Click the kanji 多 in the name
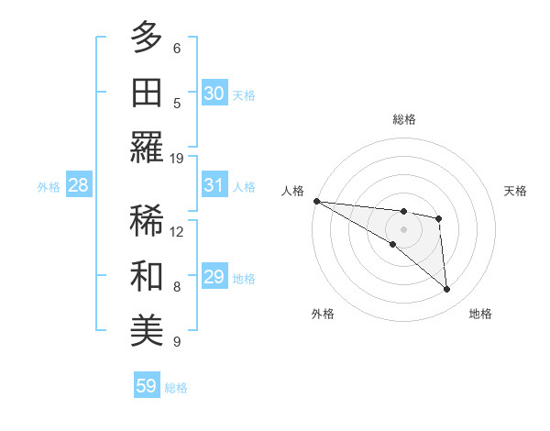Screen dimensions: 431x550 point(148,38)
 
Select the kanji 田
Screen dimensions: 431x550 point(148,93)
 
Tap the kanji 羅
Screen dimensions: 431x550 point(148,148)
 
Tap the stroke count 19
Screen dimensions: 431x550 point(177,158)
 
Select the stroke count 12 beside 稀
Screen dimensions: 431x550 point(177,231)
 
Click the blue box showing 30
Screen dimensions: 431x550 point(214,93)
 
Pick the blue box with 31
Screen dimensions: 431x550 point(214,185)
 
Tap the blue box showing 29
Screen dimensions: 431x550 point(214,277)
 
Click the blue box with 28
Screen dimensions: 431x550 point(78,185)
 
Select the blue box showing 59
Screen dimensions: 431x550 point(146,386)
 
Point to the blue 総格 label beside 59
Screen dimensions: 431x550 point(176,388)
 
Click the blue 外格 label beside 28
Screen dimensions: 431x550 point(49,187)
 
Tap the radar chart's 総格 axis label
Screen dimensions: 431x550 point(403,119)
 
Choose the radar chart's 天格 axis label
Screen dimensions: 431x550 point(516,191)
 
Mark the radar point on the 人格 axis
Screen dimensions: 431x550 point(316,201)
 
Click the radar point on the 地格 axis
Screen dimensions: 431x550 point(446,290)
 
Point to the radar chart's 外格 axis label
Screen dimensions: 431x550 point(323,315)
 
